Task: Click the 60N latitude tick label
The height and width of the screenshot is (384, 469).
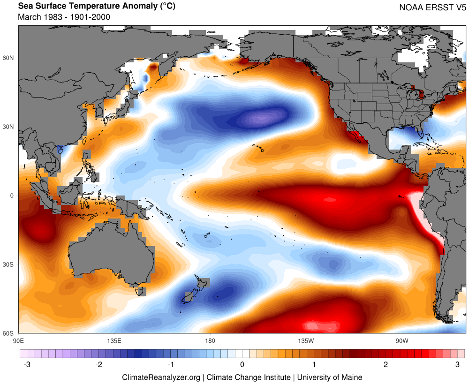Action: point(9,58)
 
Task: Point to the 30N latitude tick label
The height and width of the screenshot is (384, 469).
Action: point(9,127)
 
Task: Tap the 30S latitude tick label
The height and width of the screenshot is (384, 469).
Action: point(9,264)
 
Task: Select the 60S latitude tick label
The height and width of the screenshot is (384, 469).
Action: point(9,333)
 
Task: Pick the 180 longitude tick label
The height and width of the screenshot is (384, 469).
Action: point(210,340)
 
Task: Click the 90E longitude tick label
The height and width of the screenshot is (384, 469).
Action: point(19,340)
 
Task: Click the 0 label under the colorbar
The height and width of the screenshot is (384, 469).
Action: point(242,364)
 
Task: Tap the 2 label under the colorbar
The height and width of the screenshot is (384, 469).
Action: point(386,364)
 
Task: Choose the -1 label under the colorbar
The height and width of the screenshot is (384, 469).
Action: point(171,364)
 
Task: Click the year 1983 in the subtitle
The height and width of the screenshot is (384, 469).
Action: point(51,17)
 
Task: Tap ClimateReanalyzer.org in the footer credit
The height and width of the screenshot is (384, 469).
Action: point(161,377)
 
